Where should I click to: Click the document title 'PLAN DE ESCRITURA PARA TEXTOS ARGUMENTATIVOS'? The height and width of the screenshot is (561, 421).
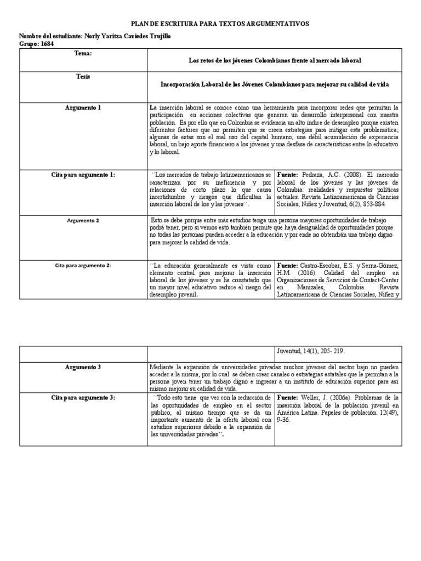click(x=219, y=24)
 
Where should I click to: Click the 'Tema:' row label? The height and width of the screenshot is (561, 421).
click(x=83, y=54)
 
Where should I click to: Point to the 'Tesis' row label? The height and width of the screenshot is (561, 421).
click(x=83, y=77)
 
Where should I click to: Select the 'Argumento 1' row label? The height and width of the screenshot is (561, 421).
click(x=83, y=108)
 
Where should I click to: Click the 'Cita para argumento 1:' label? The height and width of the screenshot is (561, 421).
click(x=83, y=174)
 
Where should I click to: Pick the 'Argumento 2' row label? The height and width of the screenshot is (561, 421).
click(x=83, y=220)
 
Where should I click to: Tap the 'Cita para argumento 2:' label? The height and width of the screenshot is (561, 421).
click(x=83, y=265)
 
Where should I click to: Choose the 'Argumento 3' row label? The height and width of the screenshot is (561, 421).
click(x=83, y=367)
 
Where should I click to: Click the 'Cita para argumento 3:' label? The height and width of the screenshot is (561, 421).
click(x=83, y=397)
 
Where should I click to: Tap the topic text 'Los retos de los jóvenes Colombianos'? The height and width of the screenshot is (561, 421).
click(x=238, y=60)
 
